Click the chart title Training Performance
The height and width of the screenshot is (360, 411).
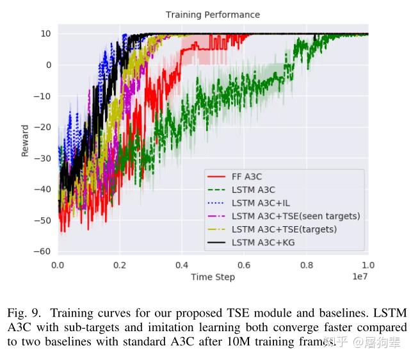coord(213,15)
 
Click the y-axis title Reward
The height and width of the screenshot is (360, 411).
coord(25,140)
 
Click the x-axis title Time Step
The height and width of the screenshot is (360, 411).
coord(213,277)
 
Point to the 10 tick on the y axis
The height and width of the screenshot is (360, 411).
coord(46,33)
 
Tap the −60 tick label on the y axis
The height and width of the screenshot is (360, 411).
coord(43,251)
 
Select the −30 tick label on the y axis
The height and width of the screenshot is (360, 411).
coord(43,158)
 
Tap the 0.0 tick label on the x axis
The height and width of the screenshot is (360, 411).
coord(58,265)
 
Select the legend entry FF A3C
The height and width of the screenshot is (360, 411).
coord(248,176)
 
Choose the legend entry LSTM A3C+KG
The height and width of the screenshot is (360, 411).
coord(262,243)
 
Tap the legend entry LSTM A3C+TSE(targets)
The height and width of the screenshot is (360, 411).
coord(284,229)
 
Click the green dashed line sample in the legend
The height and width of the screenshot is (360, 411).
coord(216,189)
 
